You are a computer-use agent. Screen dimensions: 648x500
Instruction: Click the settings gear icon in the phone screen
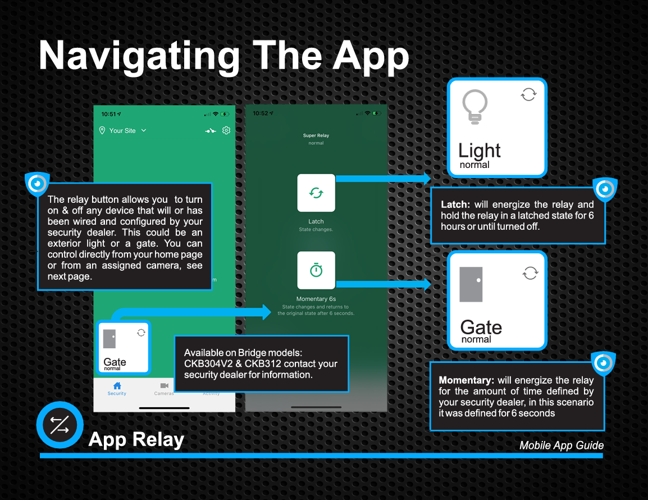[226, 130]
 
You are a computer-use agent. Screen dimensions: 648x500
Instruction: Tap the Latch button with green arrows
[316, 193]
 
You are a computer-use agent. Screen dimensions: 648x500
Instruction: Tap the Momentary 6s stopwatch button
[316, 270]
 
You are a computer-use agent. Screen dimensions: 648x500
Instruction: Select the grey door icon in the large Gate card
[471, 284]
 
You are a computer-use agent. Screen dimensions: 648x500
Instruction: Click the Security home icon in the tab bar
[117, 386]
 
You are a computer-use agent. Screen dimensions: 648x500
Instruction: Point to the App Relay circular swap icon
[60, 425]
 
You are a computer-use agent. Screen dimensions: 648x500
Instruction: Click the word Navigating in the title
[139, 56]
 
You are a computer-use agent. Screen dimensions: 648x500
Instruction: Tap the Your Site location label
[122, 131]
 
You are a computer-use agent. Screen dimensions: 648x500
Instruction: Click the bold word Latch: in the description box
[455, 204]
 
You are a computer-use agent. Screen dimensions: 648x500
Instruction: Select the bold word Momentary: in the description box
[466, 380]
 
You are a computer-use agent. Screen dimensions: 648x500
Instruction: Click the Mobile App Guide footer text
[561, 446]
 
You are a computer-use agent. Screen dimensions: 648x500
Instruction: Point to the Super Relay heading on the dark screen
[316, 135]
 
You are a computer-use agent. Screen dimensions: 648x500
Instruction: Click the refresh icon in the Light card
[528, 94]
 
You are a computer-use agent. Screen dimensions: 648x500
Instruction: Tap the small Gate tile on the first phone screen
[123, 348]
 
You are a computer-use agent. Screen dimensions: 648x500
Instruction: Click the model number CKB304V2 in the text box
[208, 363]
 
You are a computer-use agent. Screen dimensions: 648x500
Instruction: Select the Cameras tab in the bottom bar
[164, 389]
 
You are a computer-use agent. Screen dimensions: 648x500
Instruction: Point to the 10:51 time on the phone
[109, 114]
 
